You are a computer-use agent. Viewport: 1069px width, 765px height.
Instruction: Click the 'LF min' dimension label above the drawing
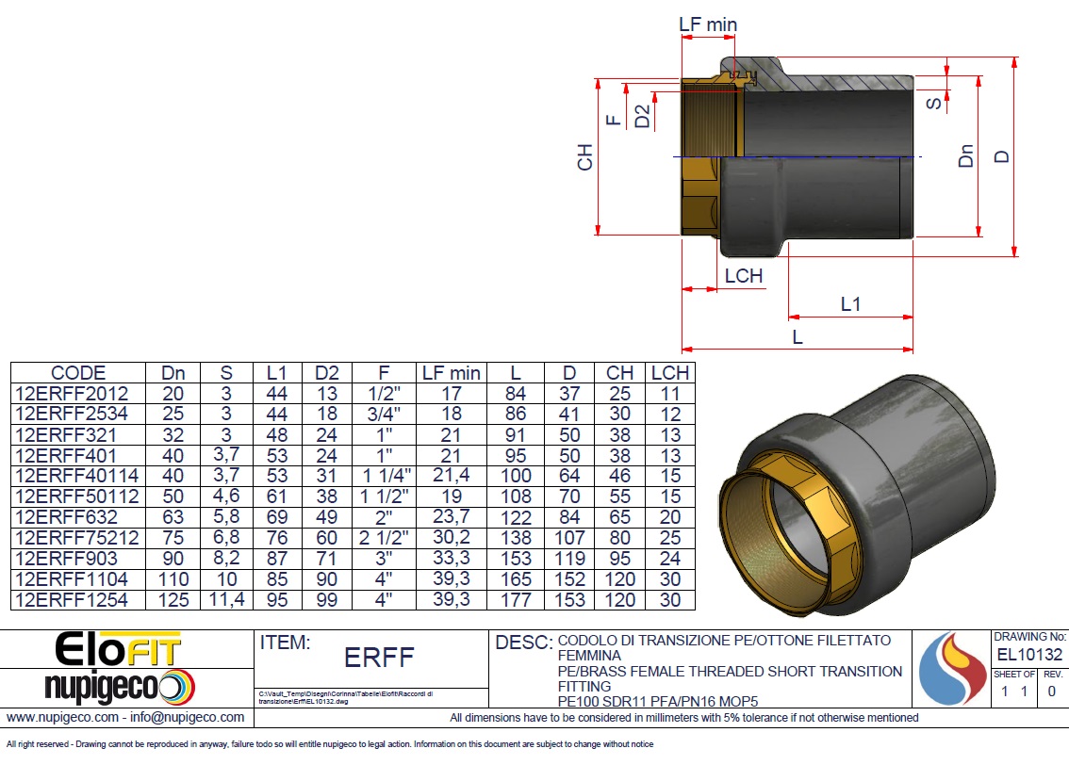(708, 24)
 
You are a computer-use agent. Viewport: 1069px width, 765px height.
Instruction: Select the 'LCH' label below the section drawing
(744, 276)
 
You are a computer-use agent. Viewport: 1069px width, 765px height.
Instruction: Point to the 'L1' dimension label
(850, 304)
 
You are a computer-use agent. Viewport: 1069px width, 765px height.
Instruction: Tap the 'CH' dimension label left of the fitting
(585, 157)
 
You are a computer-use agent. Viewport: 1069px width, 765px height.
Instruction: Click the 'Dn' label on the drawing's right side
(965, 155)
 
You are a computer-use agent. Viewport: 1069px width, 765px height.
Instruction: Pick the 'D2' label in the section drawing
(642, 117)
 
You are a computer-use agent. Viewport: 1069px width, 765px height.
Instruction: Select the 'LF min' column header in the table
(452, 373)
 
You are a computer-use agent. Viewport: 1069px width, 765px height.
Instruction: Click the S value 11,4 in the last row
(225, 599)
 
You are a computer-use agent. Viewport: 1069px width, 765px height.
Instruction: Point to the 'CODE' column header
(78, 373)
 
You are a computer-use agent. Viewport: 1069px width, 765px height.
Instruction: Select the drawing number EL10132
(1029, 655)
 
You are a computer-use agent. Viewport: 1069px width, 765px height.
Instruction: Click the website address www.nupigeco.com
(61, 717)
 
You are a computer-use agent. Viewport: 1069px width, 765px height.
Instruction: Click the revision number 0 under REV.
(1052, 692)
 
